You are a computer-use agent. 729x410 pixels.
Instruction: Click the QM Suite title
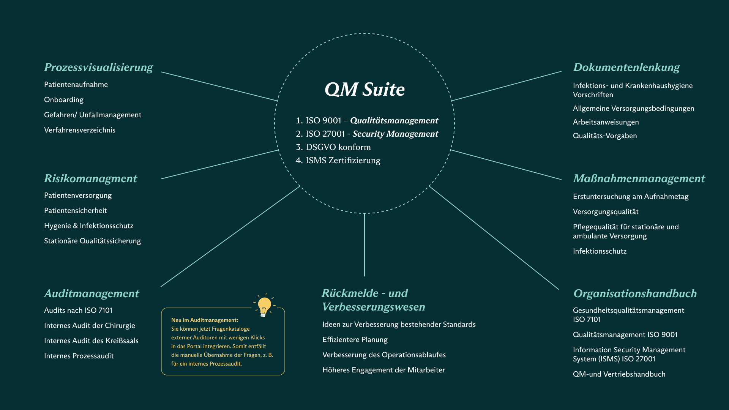(x=364, y=90)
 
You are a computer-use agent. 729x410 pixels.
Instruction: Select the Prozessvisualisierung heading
(x=98, y=67)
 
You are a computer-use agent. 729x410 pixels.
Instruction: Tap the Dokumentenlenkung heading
(x=626, y=67)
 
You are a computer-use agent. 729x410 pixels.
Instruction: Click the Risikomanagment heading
(x=90, y=178)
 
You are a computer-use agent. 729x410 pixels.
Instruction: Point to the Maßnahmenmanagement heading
(x=639, y=178)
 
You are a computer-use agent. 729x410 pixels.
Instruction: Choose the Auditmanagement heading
(x=92, y=293)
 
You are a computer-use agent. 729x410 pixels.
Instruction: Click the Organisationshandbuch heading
(x=635, y=293)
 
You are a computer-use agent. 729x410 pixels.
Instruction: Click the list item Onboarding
(x=64, y=99)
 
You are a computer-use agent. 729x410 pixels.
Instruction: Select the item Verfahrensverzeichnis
(x=80, y=130)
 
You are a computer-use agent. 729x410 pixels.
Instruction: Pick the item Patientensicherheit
(x=76, y=210)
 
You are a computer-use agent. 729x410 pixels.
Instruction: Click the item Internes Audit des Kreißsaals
(x=91, y=341)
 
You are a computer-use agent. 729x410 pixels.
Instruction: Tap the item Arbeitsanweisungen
(x=606, y=122)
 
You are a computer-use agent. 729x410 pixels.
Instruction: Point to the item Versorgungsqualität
(x=606, y=211)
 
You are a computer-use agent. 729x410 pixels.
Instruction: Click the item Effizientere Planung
(x=355, y=339)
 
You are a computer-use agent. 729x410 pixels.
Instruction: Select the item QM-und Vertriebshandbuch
(x=619, y=374)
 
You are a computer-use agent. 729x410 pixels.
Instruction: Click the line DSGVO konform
(x=333, y=147)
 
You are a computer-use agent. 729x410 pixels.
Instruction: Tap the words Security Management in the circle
(x=395, y=134)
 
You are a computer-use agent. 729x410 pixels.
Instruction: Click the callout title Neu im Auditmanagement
(x=205, y=320)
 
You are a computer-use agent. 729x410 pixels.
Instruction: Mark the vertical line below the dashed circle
(x=364, y=245)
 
